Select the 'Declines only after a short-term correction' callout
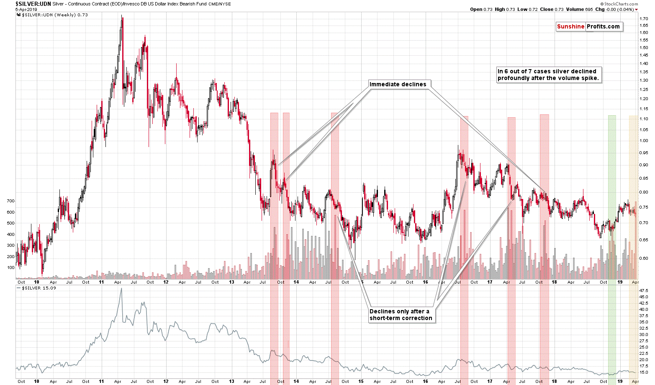[x=401, y=315]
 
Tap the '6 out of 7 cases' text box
[x=548, y=75]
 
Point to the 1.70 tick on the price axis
[x=644, y=18]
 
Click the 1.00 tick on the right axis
[x=644, y=141]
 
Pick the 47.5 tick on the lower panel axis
[x=644, y=290]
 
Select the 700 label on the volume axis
[x=10, y=201]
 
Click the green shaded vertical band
[x=612, y=209]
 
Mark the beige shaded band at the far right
[x=633, y=209]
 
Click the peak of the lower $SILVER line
[x=121, y=289]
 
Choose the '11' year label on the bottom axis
[x=101, y=381]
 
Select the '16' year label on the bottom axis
[x=425, y=381]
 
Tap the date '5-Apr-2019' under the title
[x=26, y=9]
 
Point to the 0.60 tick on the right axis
[x=644, y=258]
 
